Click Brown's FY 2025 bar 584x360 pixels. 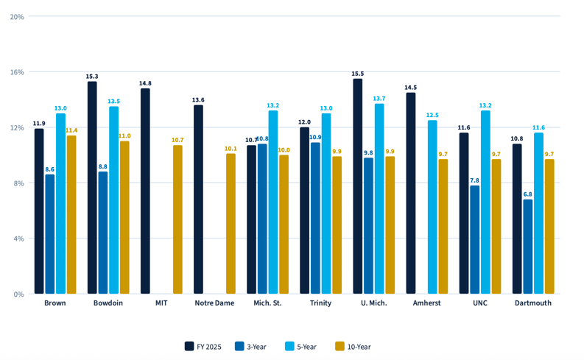coord(39,211)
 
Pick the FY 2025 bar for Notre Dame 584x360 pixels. coord(198,200)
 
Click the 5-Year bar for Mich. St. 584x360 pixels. coord(273,202)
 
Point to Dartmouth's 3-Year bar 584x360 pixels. coord(528,247)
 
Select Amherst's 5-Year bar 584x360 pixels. coord(432,207)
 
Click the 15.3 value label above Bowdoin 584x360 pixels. coord(92,77)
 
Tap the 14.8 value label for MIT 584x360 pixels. coord(145,83)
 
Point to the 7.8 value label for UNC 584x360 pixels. coord(475,180)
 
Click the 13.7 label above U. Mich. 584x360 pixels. coord(379,99)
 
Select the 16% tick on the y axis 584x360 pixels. coord(17,72)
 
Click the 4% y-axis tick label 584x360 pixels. coord(18,239)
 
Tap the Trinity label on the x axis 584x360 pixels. coord(320,303)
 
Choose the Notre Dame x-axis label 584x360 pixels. coord(214,303)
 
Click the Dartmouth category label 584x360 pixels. coord(532,303)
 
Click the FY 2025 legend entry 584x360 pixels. coord(203,346)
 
